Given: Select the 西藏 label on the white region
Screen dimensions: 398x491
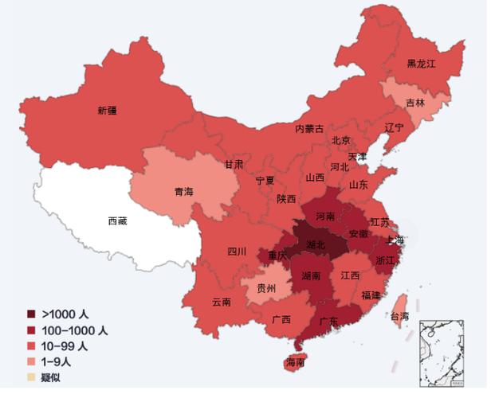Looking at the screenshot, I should pyautogui.click(x=117, y=221).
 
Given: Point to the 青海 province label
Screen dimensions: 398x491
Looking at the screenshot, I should pyautogui.click(x=183, y=192).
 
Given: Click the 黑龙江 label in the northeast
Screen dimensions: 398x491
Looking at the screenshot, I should pyautogui.click(x=422, y=63).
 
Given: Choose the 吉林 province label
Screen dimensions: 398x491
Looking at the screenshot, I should pyautogui.click(x=414, y=103).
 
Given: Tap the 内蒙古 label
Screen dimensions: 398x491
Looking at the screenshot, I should pyautogui.click(x=309, y=128).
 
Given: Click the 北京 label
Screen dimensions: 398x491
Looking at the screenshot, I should pyautogui.click(x=341, y=141).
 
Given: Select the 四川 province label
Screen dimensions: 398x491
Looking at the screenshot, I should pyautogui.click(x=237, y=252).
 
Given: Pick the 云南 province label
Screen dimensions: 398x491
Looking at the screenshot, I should pyautogui.click(x=222, y=302).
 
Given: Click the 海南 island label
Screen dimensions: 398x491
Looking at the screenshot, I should pyautogui.click(x=295, y=363).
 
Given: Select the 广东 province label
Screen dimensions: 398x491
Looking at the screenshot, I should pyautogui.click(x=328, y=321).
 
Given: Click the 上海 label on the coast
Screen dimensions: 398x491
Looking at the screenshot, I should pyautogui.click(x=395, y=240).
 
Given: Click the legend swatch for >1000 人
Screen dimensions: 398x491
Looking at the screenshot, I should pyautogui.click(x=31, y=313).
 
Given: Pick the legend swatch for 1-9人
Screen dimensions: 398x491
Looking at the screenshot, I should pyautogui.click(x=31, y=361).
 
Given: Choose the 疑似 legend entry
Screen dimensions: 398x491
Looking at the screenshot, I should pyautogui.click(x=51, y=377).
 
